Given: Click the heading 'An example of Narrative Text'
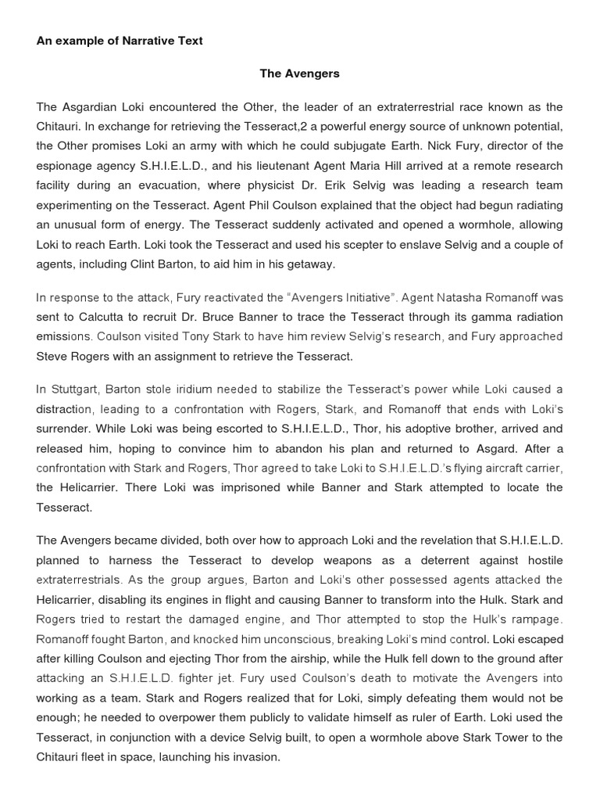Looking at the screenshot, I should pos(120,41).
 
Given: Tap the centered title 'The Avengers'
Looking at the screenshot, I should pos(300,74).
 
